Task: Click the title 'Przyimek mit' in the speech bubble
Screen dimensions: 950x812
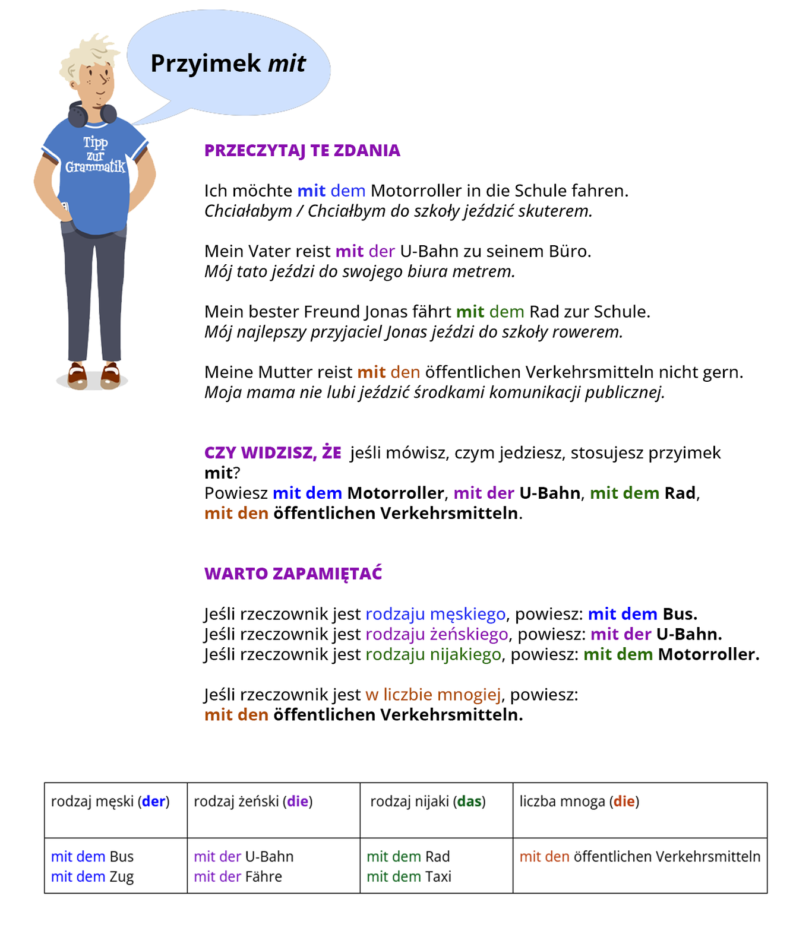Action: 228,64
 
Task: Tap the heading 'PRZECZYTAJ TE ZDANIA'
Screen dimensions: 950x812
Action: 302,151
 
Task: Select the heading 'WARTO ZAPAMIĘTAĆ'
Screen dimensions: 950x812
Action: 293,574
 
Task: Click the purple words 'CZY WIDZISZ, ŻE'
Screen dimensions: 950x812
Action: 273,453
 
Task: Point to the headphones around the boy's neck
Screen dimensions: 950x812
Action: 92,115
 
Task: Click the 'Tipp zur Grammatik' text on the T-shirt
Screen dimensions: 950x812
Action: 95,155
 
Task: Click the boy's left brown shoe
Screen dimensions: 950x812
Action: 77,375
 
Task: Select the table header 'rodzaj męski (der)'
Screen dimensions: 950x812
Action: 110,802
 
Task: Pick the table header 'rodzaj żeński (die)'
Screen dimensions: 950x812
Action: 253,802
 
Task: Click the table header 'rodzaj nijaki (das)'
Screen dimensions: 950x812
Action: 428,802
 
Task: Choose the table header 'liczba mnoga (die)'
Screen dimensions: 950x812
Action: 579,802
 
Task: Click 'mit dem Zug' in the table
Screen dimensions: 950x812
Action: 92,877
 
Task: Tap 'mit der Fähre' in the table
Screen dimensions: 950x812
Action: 238,877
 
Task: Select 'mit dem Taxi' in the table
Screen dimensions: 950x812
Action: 409,877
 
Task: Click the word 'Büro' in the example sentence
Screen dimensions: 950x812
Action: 568,252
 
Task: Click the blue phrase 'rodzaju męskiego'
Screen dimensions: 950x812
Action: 435,614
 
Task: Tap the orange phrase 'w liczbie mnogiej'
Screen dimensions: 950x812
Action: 433,695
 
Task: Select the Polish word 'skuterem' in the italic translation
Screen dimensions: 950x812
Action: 555,211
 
